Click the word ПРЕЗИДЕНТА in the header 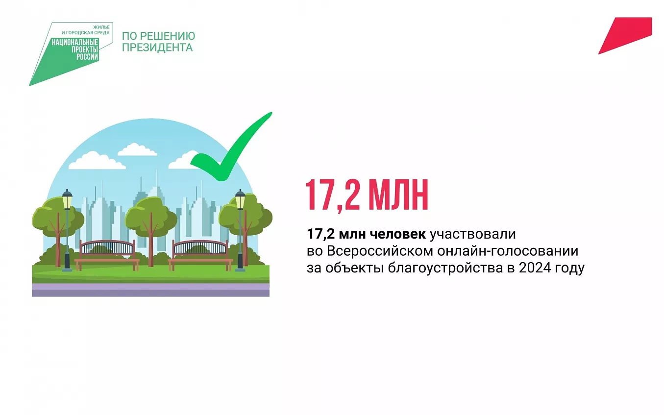[x=157, y=48]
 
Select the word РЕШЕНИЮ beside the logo [x=168, y=36]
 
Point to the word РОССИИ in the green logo [x=87, y=56]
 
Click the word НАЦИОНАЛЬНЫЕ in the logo [x=75, y=43]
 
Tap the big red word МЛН [x=398, y=195]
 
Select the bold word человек [x=398, y=234]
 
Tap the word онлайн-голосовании [x=508, y=251]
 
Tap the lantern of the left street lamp [x=67, y=199]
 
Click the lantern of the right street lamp [x=240, y=199]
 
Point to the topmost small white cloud [x=137, y=150]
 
